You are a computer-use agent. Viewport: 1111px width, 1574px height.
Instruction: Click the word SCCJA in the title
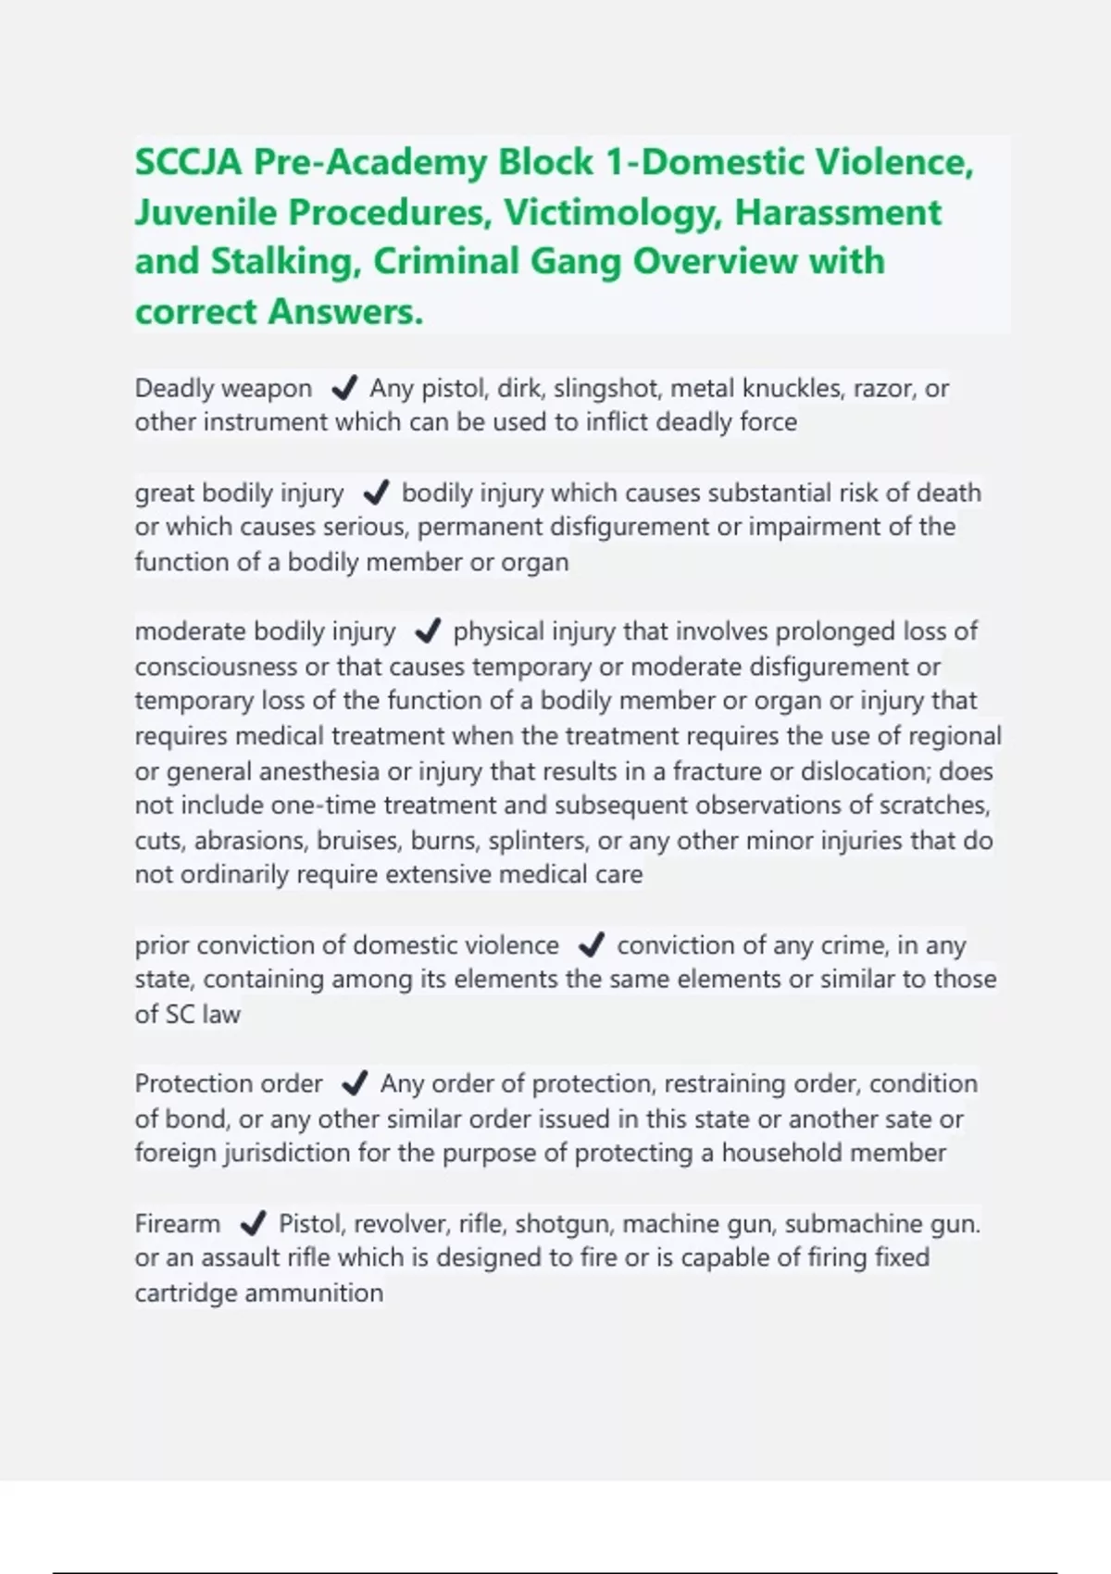(189, 163)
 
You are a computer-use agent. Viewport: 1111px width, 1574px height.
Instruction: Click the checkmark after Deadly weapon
(344, 388)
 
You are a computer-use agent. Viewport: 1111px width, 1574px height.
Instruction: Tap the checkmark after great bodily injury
(376, 493)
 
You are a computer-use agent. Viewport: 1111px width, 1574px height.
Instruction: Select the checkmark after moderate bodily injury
(427, 631)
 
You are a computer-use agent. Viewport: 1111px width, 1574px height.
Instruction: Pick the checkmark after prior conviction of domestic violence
(591, 945)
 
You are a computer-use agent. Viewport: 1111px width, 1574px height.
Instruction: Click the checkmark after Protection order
(355, 1083)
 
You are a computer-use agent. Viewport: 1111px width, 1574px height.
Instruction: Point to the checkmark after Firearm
(253, 1224)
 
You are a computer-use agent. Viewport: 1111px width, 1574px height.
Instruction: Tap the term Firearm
(178, 1224)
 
